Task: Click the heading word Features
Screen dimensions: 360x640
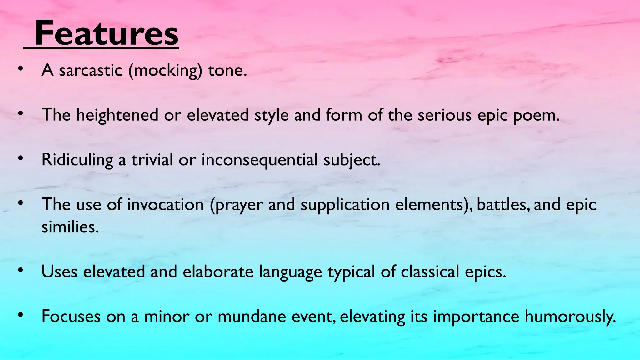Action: click(106, 33)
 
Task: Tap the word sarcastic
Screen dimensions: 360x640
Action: click(90, 70)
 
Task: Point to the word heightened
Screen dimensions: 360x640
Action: click(117, 115)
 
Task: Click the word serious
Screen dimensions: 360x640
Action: click(444, 115)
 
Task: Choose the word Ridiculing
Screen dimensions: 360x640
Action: click(77, 160)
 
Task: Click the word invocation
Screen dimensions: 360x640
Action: click(165, 205)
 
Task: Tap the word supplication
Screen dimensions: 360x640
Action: click(345, 205)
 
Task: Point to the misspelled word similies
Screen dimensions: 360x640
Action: click(70, 227)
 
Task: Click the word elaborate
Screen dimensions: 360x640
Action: click(218, 272)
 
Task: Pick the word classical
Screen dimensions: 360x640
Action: click(430, 272)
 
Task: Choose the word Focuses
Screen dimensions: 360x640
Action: click(71, 316)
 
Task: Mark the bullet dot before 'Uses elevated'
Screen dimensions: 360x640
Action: click(21, 270)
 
